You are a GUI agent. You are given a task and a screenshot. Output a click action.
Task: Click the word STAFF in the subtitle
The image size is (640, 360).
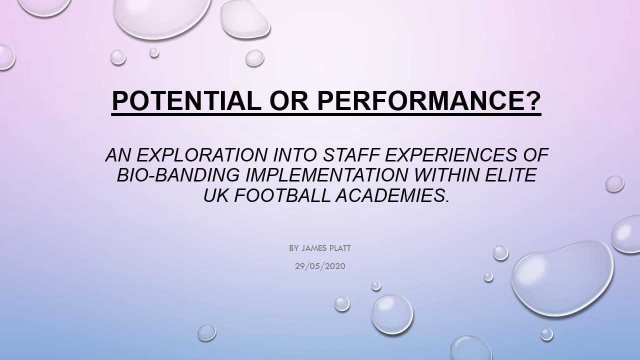click(352, 155)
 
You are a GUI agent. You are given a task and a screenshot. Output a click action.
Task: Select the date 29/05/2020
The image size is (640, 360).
click(320, 266)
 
